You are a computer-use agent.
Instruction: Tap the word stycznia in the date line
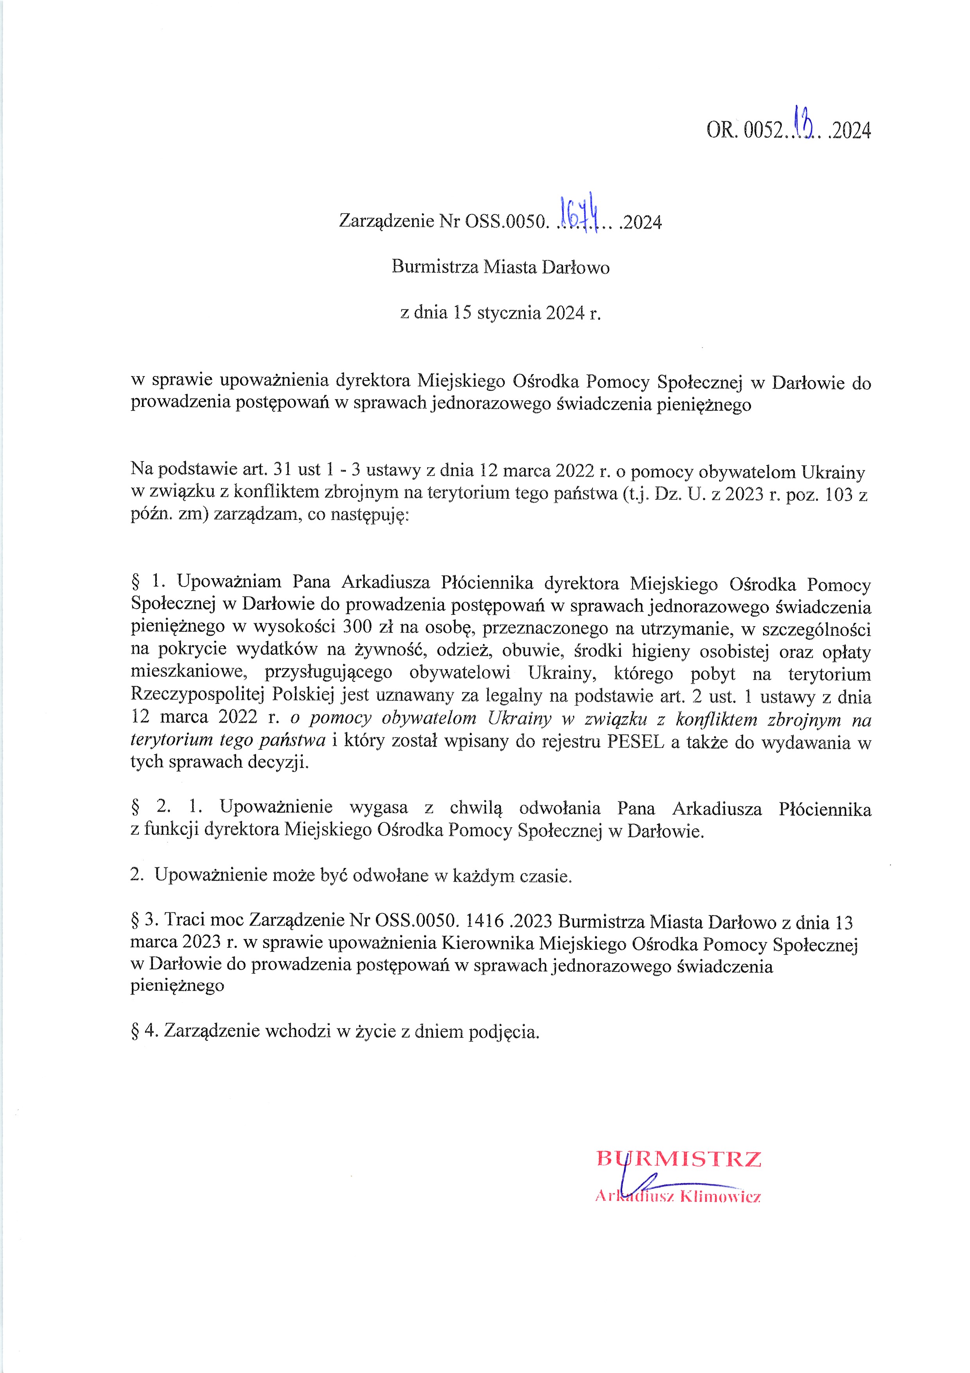(510, 313)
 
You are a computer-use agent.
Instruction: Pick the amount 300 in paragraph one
(357, 628)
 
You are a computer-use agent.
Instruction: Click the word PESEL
(635, 742)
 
